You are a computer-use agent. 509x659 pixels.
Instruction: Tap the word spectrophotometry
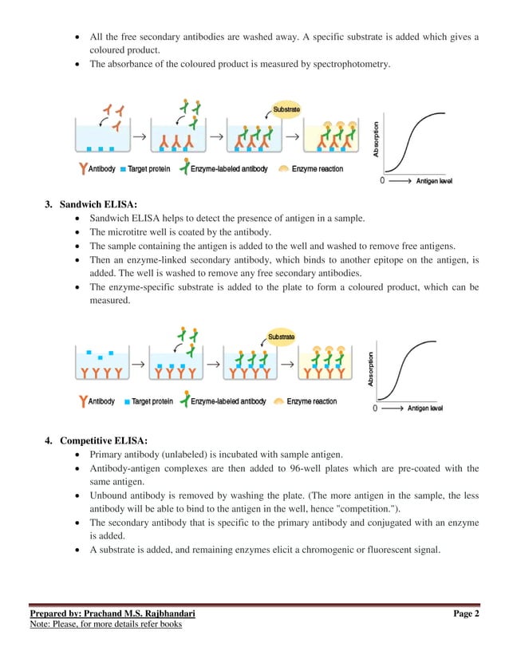click(x=353, y=65)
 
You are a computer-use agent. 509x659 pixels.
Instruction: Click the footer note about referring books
click(x=105, y=624)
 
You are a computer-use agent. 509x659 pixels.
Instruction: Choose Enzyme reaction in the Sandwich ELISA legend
click(x=312, y=401)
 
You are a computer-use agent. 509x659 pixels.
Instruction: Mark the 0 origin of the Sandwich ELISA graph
click(x=375, y=409)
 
